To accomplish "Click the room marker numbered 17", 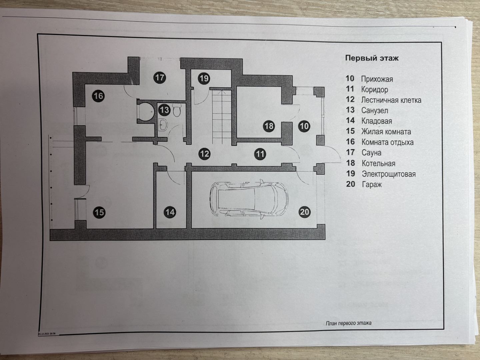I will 160,78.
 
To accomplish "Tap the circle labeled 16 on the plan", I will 99,96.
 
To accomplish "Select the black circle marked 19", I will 204,78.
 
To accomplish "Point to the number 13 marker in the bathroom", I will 164,109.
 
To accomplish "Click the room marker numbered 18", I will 269,126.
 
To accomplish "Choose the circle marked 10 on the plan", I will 304,126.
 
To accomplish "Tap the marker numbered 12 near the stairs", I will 204,154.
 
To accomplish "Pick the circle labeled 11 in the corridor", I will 260,154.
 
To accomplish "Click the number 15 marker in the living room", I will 99,212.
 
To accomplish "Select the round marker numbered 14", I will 170,212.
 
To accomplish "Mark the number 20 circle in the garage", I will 305,212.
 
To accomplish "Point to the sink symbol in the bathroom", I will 163,125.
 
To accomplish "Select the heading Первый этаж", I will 372,58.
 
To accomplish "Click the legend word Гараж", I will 372,184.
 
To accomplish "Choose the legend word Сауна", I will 371,153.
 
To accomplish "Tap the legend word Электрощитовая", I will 388,174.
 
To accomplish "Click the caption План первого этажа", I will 348,323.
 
